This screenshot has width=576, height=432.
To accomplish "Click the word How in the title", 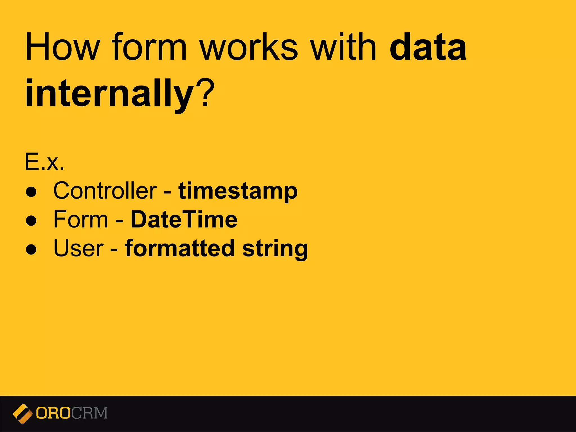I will click(x=62, y=47).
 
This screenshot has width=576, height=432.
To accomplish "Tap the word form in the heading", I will click(x=149, y=47).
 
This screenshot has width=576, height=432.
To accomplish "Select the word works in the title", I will click(x=249, y=47).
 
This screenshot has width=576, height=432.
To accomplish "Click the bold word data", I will click(x=428, y=47).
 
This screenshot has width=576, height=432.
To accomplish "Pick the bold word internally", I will click(x=110, y=93).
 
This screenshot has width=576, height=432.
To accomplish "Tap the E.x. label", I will click(x=44, y=162).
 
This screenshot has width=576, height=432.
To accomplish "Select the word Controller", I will click(x=105, y=191).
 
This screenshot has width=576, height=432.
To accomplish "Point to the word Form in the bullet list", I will click(x=81, y=219).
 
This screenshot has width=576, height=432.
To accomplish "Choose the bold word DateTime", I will click(x=184, y=219).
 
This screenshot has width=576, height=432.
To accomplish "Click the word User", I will click(x=78, y=248).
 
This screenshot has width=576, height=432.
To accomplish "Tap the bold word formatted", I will click(x=180, y=248).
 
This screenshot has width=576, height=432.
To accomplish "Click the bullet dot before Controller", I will click(x=31, y=192).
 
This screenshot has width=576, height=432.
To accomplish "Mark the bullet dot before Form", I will click(x=31, y=221).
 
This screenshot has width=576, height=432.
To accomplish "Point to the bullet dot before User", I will click(x=31, y=249).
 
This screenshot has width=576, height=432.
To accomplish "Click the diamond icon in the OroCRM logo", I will click(x=22, y=413).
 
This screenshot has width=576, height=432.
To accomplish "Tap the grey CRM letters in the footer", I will click(x=89, y=413).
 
